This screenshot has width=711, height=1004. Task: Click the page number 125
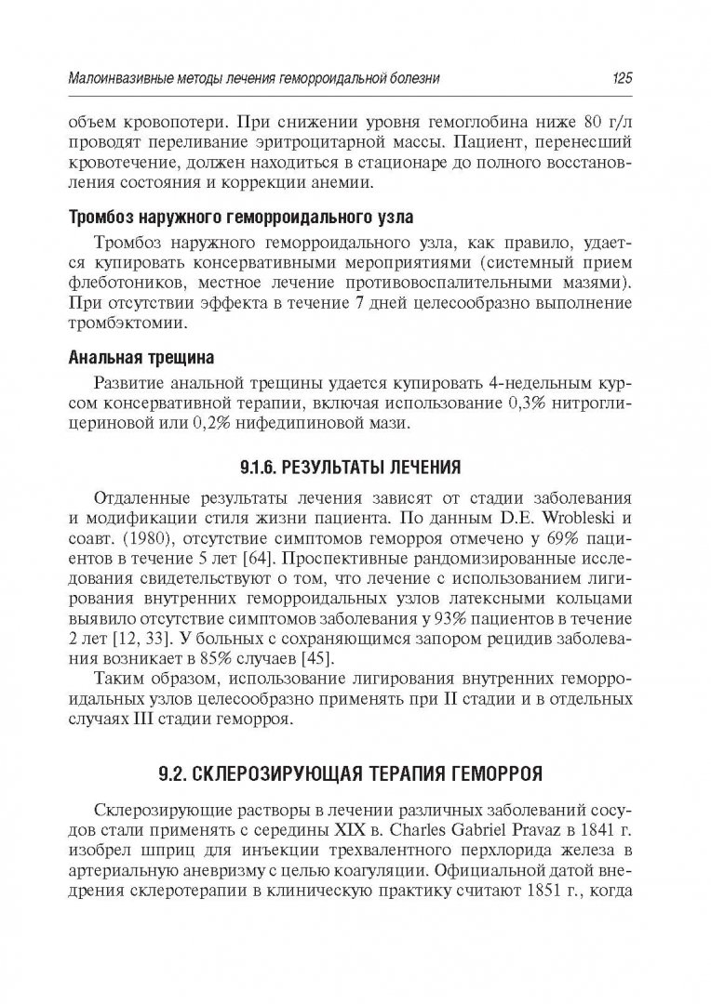click(622, 80)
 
